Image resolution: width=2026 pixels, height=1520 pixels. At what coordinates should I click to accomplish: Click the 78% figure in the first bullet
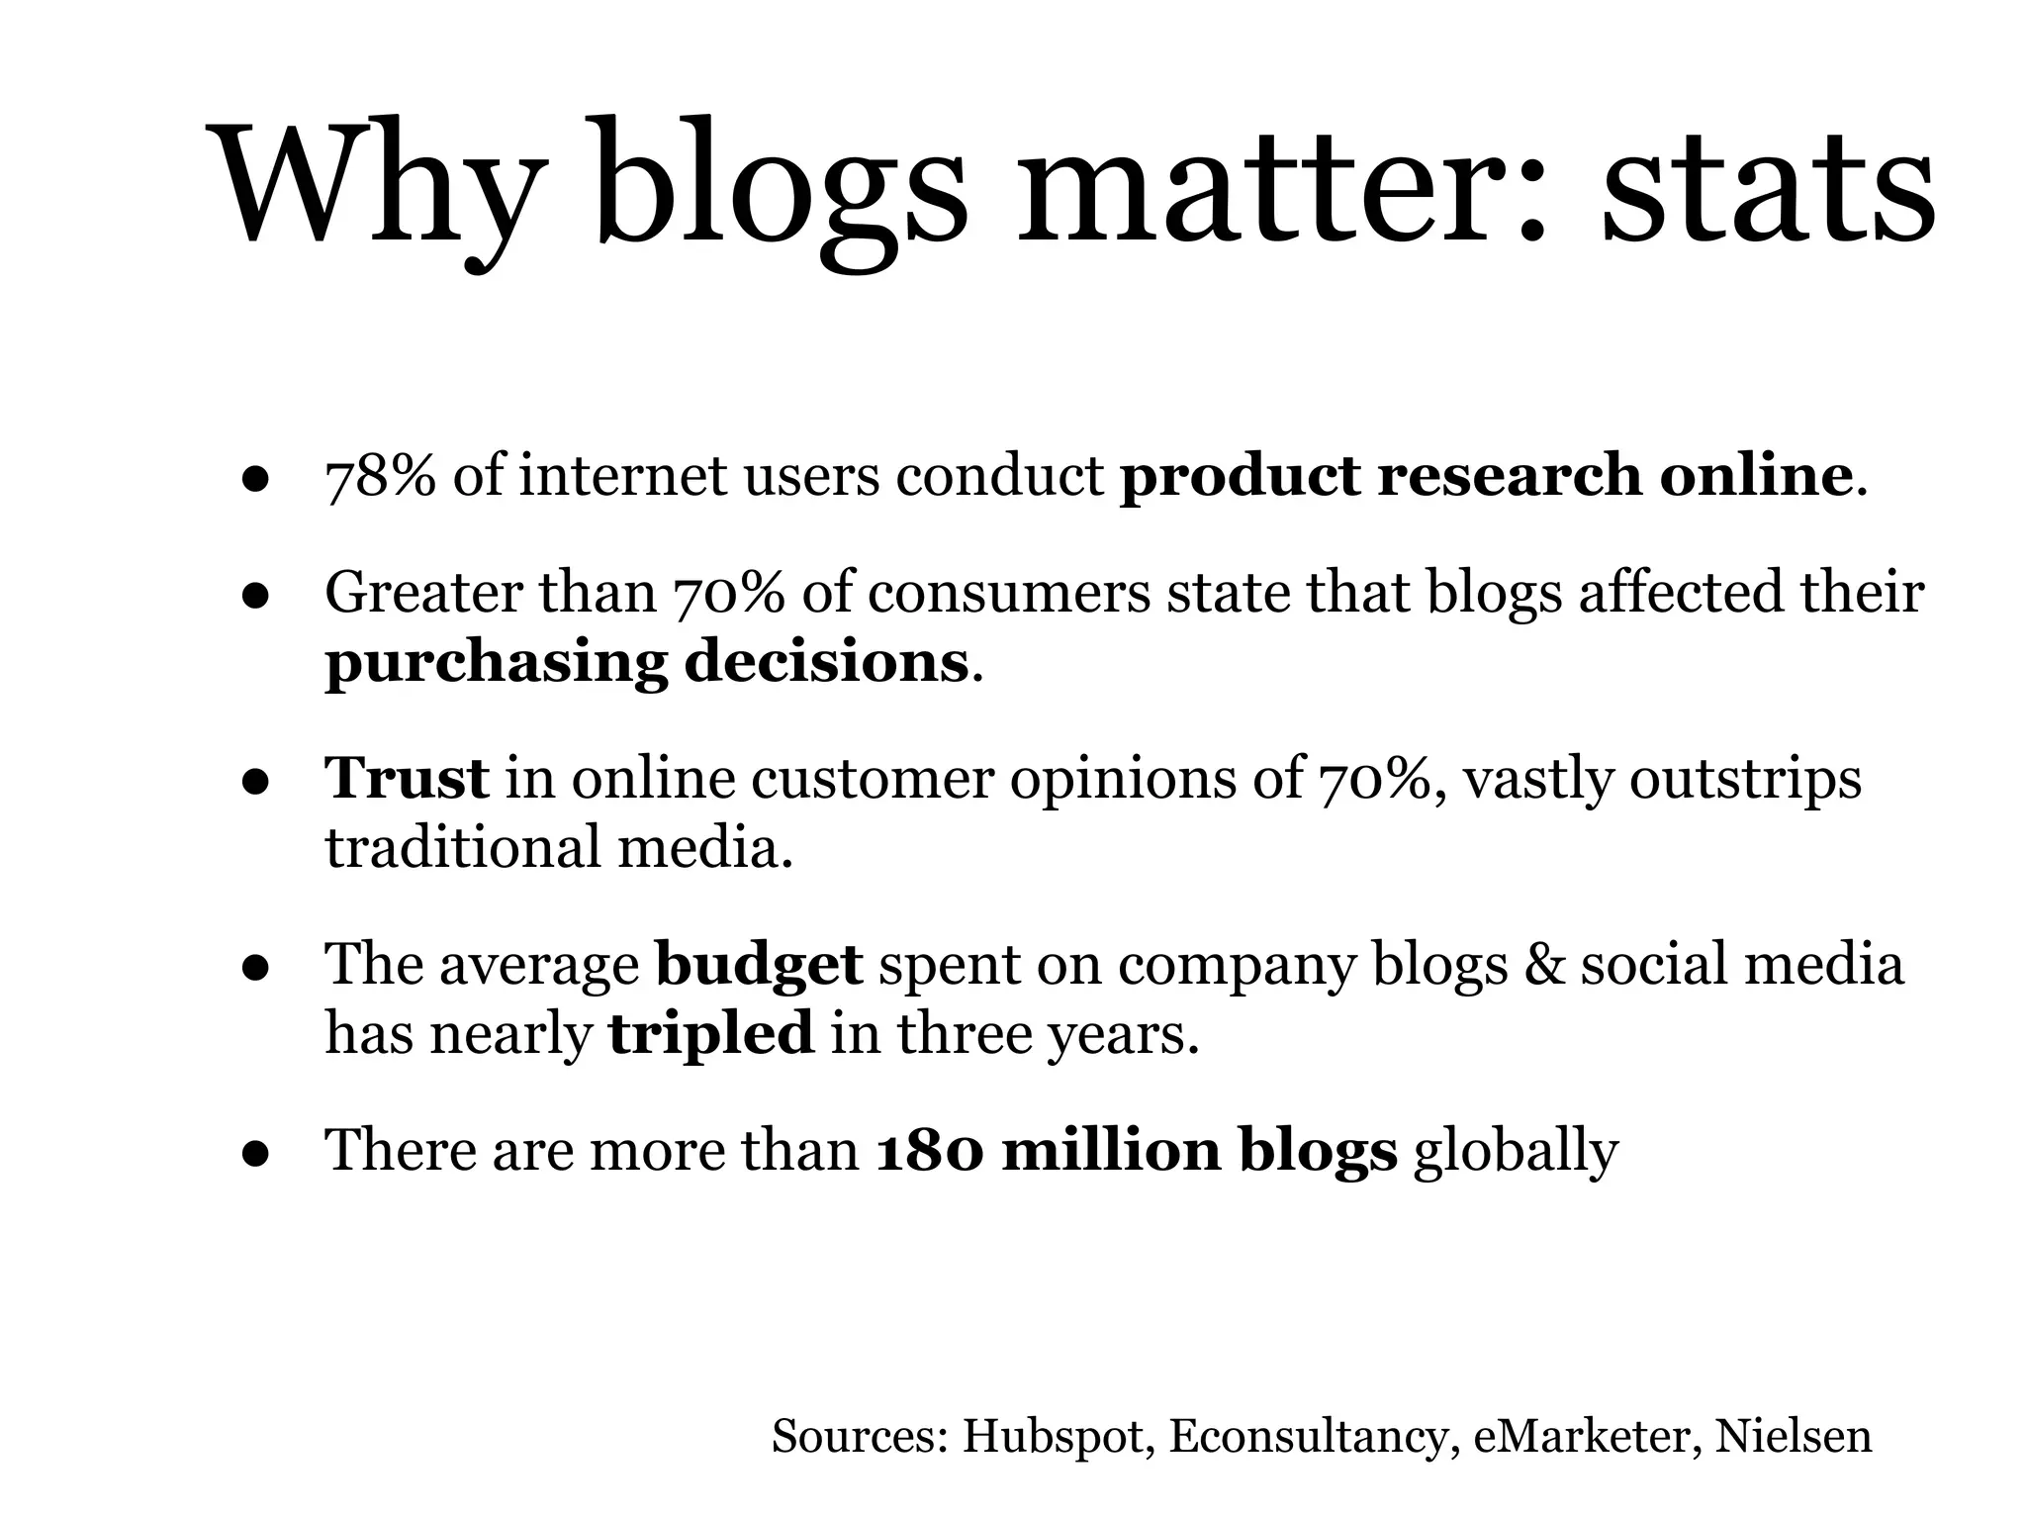coord(380,476)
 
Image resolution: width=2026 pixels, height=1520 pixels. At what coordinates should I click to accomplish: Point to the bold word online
coord(1755,475)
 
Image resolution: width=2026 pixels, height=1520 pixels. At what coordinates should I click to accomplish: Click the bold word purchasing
coord(497,663)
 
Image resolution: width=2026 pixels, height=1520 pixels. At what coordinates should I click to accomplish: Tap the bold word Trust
coord(407,778)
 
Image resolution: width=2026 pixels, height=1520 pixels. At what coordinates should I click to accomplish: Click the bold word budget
coord(759,965)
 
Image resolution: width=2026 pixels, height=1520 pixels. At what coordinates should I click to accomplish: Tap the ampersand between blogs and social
coord(1543,965)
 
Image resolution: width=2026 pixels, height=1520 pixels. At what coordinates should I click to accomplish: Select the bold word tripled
coord(711,1034)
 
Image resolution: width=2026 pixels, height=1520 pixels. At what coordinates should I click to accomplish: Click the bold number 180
coord(930,1151)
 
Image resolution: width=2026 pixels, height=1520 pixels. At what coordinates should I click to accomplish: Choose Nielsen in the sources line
coord(1793,1437)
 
